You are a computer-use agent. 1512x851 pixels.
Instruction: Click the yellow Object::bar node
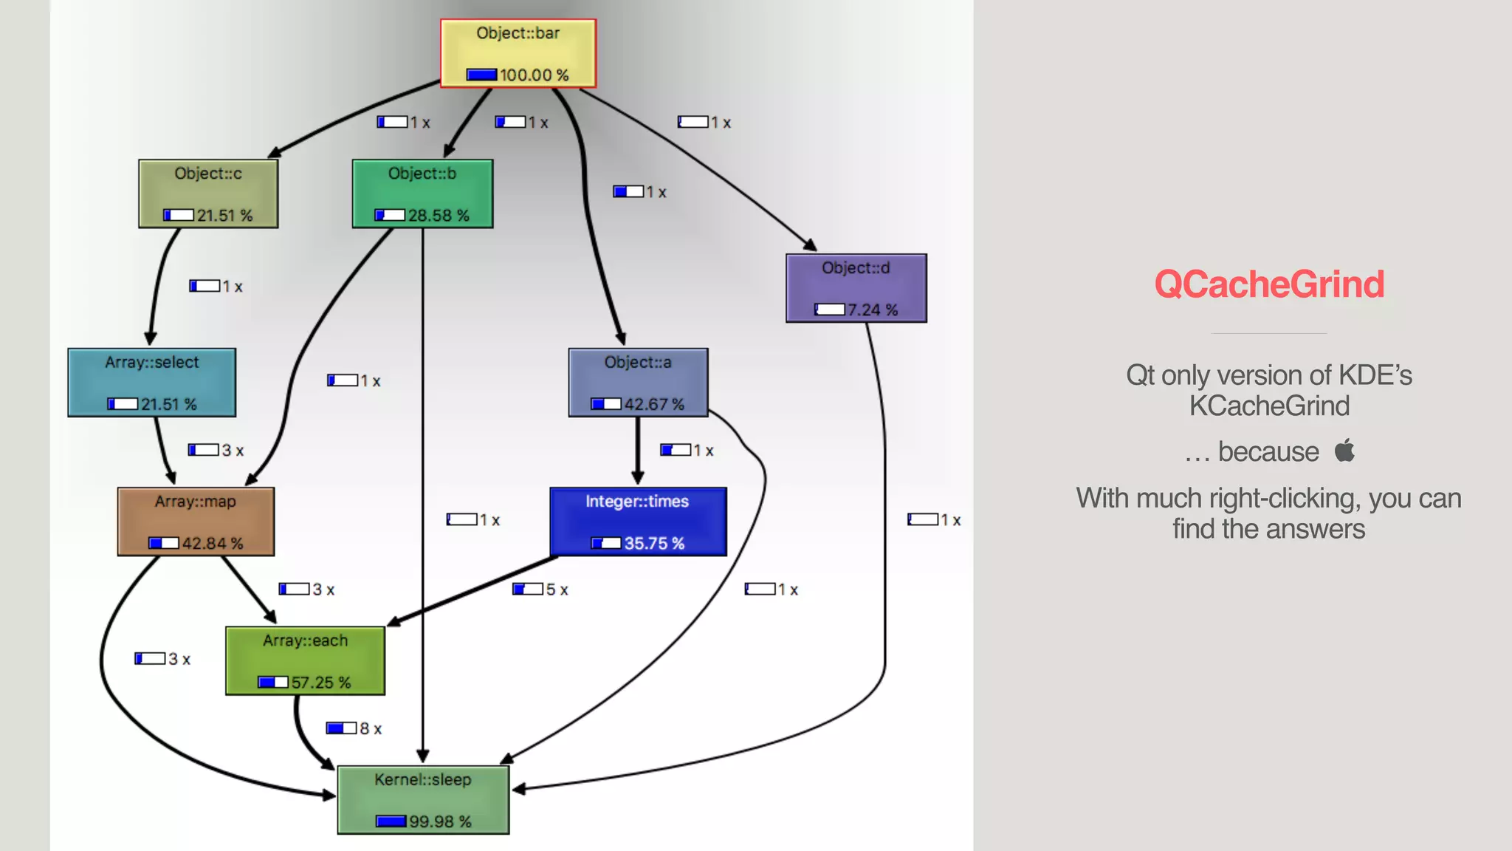pyautogui.click(x=518, y=53)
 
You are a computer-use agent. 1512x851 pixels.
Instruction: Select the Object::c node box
pyautogui.click(x=208, y=194)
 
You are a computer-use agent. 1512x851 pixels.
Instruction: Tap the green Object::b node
pyautogui.click(x=422, y=194)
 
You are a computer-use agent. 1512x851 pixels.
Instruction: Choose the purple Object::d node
pyautogui.click(x=856, y=288)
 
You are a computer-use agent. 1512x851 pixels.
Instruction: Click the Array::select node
pyautogui.click(x=151, y=383)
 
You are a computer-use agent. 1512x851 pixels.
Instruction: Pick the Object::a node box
pyautogui.click(x=638, y=383)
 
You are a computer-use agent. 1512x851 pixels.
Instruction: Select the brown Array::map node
pyautogui.click(x=196, y=522)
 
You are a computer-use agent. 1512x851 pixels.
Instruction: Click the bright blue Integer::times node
pyautogui.click(x=638, y=522)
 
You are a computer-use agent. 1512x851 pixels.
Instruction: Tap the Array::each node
pyautogui.click(x=305, y=660)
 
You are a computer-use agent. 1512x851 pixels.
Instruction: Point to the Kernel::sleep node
pyautogui.click(x=423, y=800)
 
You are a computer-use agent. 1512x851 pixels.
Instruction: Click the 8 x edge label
pyautogui.click(x=370, y=729)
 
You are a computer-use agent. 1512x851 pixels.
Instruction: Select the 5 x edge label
pyautogui.click(x=556, y=589)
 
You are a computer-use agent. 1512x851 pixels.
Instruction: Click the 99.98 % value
pyautogui.click(x=440, y=821)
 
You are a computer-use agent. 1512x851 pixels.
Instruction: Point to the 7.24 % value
pyautogui.click(x=872, y=310)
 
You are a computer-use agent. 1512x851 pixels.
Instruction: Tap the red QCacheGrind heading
pyautogui.click(x=1268, y=284)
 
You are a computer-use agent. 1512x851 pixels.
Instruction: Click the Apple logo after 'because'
pyautogui.click(x=1344, y=450)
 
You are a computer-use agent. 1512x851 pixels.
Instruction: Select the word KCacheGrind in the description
pyautogui.click(x=1268, y=406)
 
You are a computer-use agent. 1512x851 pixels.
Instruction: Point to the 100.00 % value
pyautogui.click(x=534, y=75)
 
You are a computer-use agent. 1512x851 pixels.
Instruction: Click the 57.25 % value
pyautogui.click(x=320, y=683)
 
